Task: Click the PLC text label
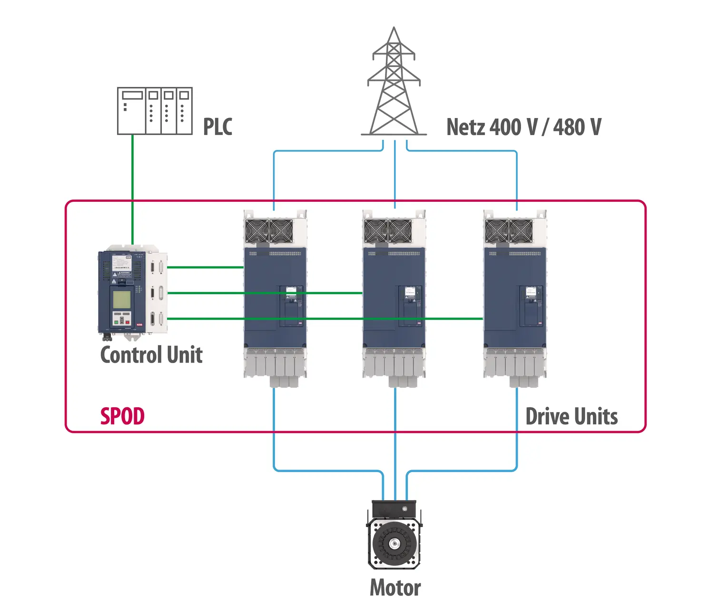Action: pos(217,127)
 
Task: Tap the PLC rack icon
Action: pos(155,111)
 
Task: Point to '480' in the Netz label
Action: pos(569,127)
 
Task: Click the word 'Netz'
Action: pos(465,127)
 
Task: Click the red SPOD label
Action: pos(122,416)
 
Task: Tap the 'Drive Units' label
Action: pos(571,416)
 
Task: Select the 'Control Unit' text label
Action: pos(151,355)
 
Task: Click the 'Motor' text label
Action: pos(395,588)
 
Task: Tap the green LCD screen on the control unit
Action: pos(121,299)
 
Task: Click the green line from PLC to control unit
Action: pos(133,190)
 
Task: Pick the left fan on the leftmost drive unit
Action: pos(257,232)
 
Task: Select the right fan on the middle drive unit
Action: pos(400,232)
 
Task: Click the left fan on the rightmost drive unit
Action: pos(496,232)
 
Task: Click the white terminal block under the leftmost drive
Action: pos(275,364)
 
